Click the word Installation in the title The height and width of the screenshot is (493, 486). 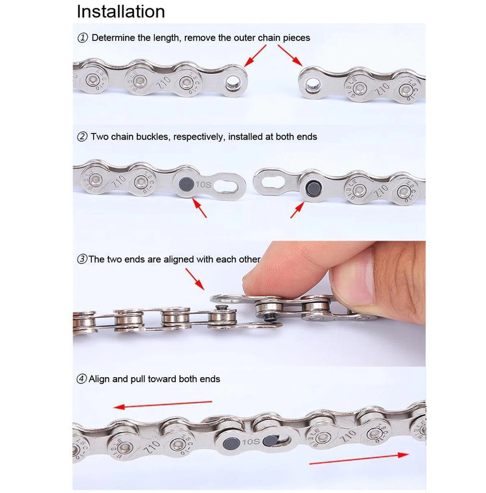121,12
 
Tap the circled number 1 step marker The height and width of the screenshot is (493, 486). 83,38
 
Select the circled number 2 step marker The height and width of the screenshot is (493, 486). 83,137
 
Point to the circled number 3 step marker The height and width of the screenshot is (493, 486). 82,259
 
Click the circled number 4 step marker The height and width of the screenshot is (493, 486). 82,379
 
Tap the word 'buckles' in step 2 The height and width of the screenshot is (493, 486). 153,137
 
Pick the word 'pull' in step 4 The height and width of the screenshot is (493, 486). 138,379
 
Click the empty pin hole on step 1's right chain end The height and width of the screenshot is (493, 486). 313,85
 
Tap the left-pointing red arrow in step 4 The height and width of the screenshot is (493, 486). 163,404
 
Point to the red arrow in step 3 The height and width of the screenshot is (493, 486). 195,279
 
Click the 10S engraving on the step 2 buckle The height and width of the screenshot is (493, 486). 204,184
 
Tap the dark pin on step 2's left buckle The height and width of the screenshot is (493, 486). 187,184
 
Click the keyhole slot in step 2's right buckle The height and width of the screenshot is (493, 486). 274,182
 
